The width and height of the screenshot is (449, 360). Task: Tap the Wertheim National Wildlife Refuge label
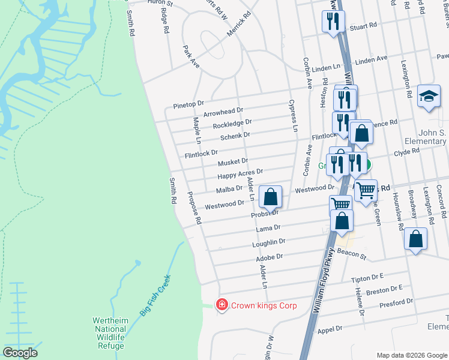[x=110, y=333]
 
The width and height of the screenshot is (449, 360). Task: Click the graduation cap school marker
[x=429, y=96]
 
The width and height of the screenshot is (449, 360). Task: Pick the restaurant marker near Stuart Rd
[x=331, y=22]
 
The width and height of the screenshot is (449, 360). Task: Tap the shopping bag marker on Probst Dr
[x=271, y=196]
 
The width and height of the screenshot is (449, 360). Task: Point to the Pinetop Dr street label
[x=188, y=104]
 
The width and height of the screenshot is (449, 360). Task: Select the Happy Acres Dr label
[x=240, y=174]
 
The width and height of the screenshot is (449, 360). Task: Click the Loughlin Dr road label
[x=270, y=242]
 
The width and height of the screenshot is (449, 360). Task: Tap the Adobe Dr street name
[x=269, y=257]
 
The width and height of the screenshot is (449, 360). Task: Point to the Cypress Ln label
[x=294, y=115]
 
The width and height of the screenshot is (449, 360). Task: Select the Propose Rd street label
[x=194, y=208]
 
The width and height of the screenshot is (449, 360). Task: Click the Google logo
[x=20, y=353]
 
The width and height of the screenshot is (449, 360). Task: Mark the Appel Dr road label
[x=330, y=329]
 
